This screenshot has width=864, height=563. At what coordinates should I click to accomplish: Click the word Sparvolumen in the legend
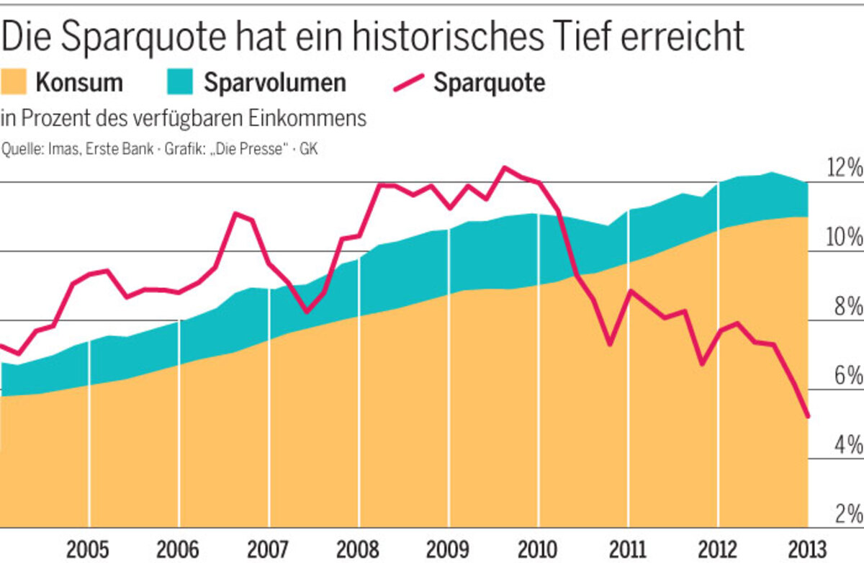pos(274,83)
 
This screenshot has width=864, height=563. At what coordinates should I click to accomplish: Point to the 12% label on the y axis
pos(843,170)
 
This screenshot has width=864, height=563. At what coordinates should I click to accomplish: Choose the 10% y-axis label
pos(843,238)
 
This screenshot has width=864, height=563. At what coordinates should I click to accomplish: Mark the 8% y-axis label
pos(847,307)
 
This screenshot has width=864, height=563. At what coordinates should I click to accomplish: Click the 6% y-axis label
pos(847,376)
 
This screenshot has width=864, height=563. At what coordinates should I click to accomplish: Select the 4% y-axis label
pos(847,445)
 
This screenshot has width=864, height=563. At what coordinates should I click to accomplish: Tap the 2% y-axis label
pos(847,513)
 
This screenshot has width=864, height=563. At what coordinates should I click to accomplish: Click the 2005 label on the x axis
pos(89,549)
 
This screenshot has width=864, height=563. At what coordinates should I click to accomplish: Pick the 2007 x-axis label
pos(269,549)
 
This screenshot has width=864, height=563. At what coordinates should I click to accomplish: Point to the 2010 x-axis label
pos(538,549)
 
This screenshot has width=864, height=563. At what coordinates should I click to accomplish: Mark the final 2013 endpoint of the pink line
pos(808,416)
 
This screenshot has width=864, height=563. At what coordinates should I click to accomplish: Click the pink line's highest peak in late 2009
pos(504,168)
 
